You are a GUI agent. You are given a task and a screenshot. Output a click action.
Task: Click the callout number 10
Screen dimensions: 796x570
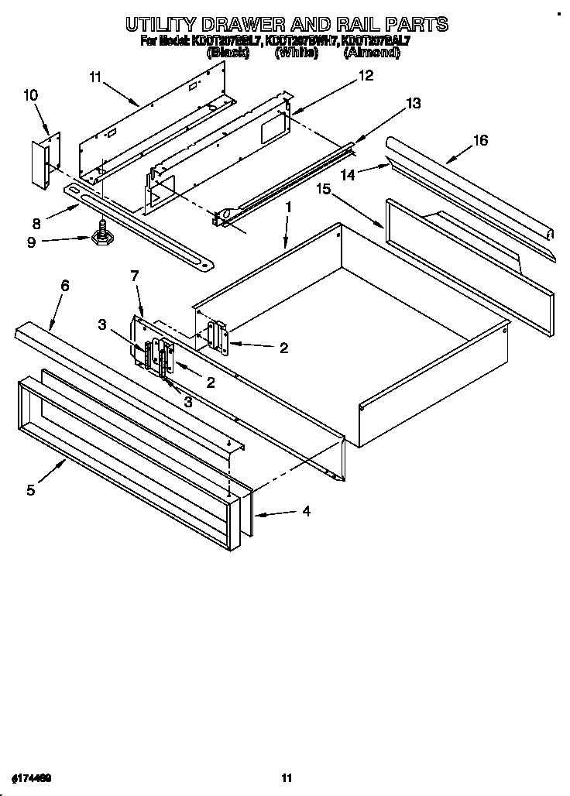coord(30,95)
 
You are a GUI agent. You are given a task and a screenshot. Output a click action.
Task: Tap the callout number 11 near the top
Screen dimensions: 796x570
coord(95,76)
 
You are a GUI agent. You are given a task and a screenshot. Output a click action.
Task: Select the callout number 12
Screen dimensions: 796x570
coord(365,75)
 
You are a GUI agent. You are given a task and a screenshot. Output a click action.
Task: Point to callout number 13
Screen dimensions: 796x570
coord(414,103)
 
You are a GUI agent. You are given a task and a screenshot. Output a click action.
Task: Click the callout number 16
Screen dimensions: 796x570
coord(480,140)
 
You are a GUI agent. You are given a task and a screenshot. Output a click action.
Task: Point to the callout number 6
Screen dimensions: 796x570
coord(64,286)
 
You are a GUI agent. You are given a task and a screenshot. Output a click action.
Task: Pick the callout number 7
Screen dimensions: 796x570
coord(134,275)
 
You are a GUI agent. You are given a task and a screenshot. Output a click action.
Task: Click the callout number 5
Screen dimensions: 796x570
coord(30,489)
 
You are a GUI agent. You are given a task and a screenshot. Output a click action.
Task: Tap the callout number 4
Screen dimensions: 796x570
coord(307,511)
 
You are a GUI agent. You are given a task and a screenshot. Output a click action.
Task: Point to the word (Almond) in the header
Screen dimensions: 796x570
coord(372,53)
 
